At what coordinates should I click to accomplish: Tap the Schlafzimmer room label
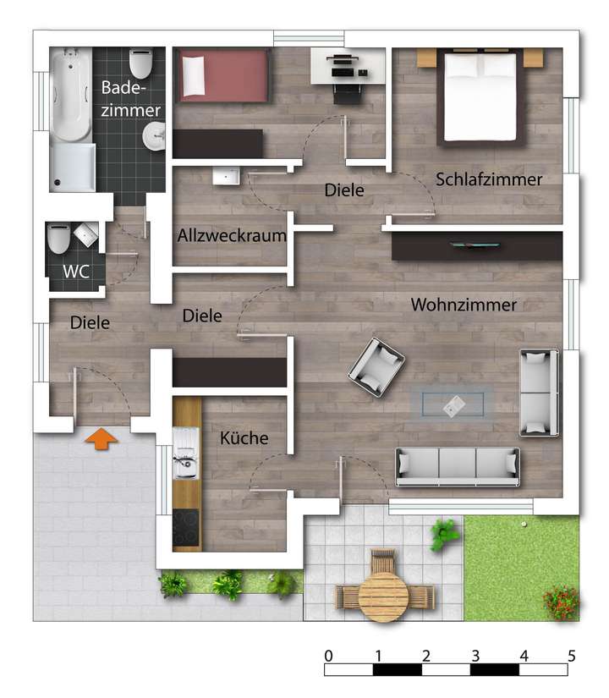click(x=489, y=179)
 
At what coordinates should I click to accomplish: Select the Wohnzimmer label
click(x=463, y=305)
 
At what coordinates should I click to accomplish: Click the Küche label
click(x=244, y=438)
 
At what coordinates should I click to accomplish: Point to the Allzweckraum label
click(x=232, y=236)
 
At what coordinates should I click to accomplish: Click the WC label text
click(x=76, y=272)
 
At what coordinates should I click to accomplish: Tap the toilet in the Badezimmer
click(x=140, y=63)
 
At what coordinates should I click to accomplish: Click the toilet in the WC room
click(x=58, y=239)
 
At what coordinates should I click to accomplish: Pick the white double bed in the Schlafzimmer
click(x=480, y=96)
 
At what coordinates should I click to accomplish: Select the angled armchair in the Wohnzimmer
click(x=376, y=366)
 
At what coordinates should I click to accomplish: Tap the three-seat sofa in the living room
click(x=458, y=464)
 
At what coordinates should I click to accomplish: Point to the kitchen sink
click(x=184, y=458)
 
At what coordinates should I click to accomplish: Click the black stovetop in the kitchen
click(x=185, y=529)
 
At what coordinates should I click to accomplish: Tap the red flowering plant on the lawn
click(x=560, y=602)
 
